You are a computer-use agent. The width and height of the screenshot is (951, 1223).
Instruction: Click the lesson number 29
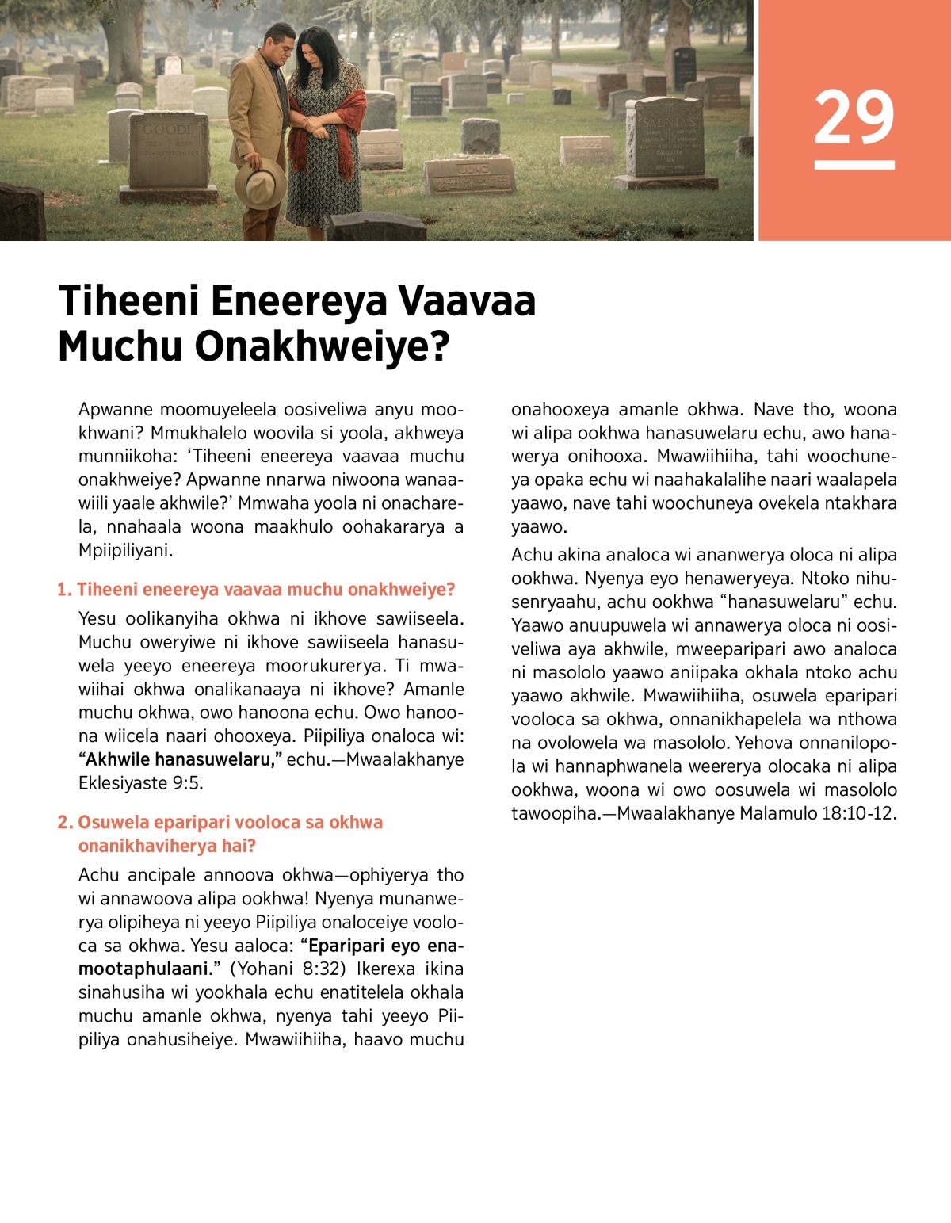854,117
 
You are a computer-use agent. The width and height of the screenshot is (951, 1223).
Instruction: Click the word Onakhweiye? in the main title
322,347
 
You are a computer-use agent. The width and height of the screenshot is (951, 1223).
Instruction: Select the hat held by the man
260,183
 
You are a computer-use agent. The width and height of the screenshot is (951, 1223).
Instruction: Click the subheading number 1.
64,590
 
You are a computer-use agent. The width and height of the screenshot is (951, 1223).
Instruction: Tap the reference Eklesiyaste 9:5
140,783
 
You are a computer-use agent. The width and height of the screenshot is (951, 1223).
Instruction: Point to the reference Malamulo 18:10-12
818,814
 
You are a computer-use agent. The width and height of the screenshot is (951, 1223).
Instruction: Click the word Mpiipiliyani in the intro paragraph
125,550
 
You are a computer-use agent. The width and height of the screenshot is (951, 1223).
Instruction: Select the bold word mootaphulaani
146,969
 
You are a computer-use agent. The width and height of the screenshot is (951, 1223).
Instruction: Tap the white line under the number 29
854,165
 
